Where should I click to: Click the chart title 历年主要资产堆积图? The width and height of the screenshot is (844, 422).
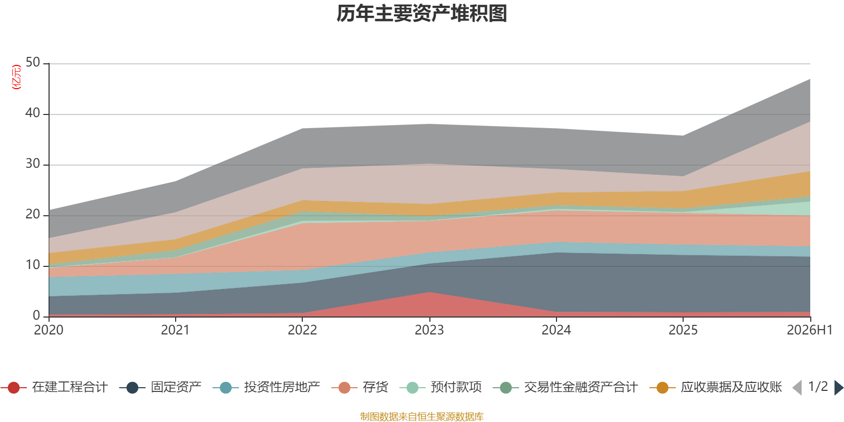pos(421,14)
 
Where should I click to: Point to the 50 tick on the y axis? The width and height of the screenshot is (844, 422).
pos(33,63)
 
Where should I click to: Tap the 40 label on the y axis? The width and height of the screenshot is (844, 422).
pos(33,113)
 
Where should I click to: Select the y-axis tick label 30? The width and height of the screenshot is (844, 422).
pos(33,164)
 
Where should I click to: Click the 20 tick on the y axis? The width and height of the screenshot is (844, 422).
pos(33,214)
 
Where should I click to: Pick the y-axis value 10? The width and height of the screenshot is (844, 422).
pos(33,265)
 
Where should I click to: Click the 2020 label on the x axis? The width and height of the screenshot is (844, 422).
pos(49,330)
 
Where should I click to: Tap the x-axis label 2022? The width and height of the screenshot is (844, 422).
pos(302,330)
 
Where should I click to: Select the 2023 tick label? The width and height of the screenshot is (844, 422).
pos(429,330)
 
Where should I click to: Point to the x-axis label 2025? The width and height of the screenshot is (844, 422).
pos(683,330)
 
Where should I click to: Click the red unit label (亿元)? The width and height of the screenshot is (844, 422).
pos(16,77)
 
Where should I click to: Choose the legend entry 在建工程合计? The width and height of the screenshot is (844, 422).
pos(54,387)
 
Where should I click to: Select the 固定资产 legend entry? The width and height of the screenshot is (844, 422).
pos(160,387)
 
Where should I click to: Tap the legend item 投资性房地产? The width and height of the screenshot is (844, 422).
pos(266,387)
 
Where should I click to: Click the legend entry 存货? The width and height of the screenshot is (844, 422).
pos(360,387)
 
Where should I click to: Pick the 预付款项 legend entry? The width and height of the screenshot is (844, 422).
pos(440,387)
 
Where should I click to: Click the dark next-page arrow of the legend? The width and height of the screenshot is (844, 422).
pos(839,387)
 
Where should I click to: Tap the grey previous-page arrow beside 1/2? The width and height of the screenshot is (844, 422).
pos(797,387)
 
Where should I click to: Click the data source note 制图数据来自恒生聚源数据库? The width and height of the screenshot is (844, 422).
pos(421,416)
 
